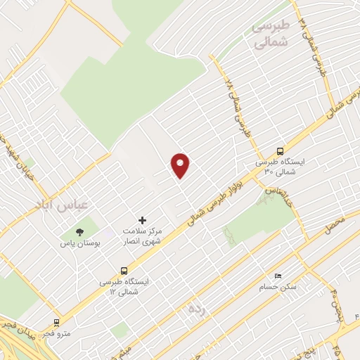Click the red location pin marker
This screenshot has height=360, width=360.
pyautogui.click(x=181, y=165)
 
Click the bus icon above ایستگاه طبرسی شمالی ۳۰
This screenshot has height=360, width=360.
pyautogui.click(x=281, y=151)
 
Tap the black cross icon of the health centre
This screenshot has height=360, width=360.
pyautogui.click(x=143, y=220)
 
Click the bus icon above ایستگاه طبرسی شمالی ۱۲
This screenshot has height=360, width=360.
pyautogui.click(x=124, y=270)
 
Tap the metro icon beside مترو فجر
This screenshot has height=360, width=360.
pyautogui.click(x=57, y=323)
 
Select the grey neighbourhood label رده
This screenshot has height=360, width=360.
pyautogui.click(x=195, y=308)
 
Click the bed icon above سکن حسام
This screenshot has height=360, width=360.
pyautogui.click(x=278, y=275)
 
